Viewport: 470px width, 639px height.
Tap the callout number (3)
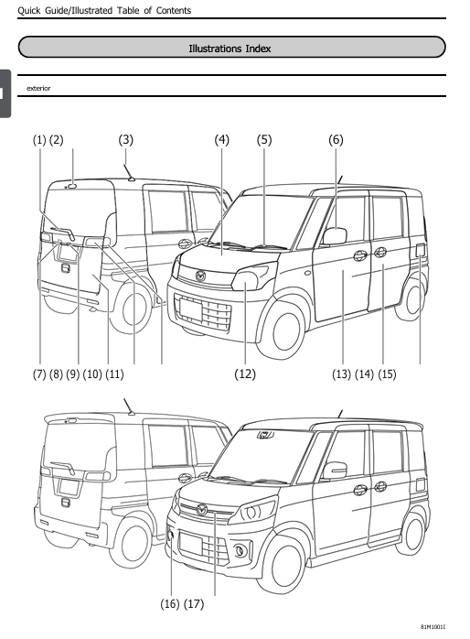[126, 139]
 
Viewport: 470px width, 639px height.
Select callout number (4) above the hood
[222, 139]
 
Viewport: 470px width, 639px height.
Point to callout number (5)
[265, 139]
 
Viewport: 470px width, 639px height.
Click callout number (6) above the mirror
[336, 139]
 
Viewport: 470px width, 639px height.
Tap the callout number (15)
[388, 374]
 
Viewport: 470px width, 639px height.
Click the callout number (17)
[193, 604]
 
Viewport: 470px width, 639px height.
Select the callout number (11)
[114, 374]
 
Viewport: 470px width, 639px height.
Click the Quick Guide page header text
[96, 11]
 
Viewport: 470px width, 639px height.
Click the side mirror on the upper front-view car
[335, 236]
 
